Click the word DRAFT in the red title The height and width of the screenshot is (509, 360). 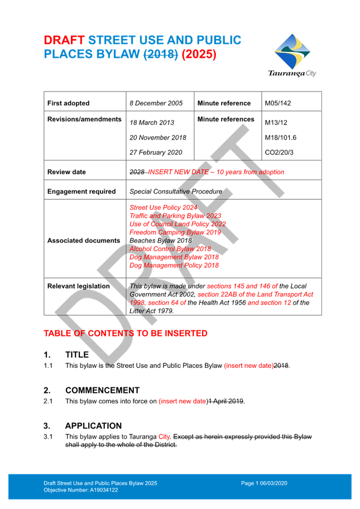point(64,40)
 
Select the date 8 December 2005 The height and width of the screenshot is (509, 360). point(156,103)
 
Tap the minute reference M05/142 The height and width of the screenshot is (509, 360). point(277,103)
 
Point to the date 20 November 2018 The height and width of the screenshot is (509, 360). point(157,137)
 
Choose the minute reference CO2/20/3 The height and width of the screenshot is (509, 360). point(279,152)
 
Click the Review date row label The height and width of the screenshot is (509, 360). point(66,172)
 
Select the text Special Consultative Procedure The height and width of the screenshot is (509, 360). point(175,191)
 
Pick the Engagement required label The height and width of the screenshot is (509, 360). point(81,191)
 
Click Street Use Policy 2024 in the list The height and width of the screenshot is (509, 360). point(156,208)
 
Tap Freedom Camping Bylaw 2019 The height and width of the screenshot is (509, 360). point(167,232)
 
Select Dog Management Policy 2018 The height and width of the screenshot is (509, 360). point(174,266)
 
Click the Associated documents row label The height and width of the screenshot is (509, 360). point(83,241)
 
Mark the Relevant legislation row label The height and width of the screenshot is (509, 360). point(78,286)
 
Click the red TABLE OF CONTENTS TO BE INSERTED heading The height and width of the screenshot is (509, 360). point(126,334)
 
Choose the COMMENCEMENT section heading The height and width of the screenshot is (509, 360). point(102,390)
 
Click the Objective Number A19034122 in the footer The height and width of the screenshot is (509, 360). point(81,489)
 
